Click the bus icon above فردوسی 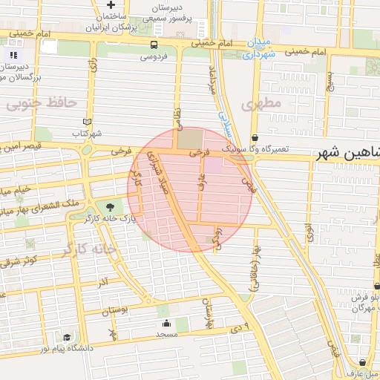click(154, 45)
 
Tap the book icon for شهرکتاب click(87, 122)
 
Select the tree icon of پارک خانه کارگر click(111, 206)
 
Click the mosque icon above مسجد click(166, 324)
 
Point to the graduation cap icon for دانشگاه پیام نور click(67, 338)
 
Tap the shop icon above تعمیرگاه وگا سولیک click(255, 137)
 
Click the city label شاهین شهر click(347, 153)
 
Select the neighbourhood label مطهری click(261, 103)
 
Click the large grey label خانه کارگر click(91, 249)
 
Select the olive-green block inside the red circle click(189, 139)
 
